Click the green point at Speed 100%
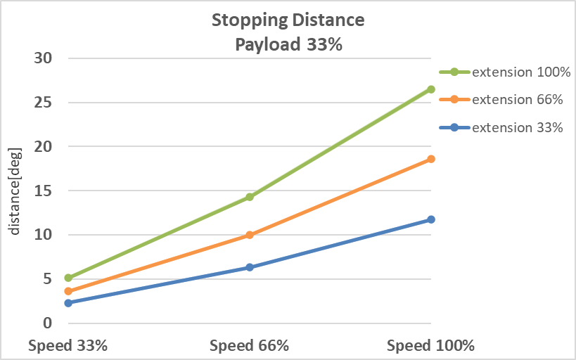[x=431, y=89]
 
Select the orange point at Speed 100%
[x=431, y=159]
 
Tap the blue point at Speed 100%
[x=431, y=219]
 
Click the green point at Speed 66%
[x=250, y=197]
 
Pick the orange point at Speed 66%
[x=250, y=235]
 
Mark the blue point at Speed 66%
[x=250, y=267]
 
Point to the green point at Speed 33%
[x=68, y=278]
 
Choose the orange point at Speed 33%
[x=68, y=291]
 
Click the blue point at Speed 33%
[x=68, y=303]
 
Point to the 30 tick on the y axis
[x=44, y=58]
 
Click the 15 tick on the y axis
[x=44, y=191]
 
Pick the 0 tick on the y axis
[x=48, y=323]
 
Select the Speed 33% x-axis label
[x=68, y=346]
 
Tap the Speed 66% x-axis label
[x=250, y=346]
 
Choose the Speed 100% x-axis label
[x=431, y=346]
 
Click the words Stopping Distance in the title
[x=288, y=20]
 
